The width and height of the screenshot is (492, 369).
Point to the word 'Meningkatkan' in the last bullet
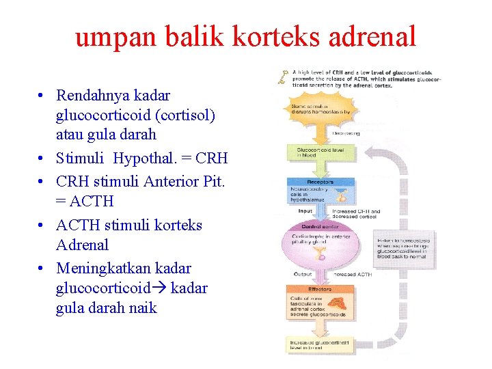[103, 268]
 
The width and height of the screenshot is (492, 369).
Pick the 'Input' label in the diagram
[305, 212]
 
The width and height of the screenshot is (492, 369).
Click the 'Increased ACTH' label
[353, 275]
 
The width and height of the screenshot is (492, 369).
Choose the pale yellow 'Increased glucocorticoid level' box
[318, 344]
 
